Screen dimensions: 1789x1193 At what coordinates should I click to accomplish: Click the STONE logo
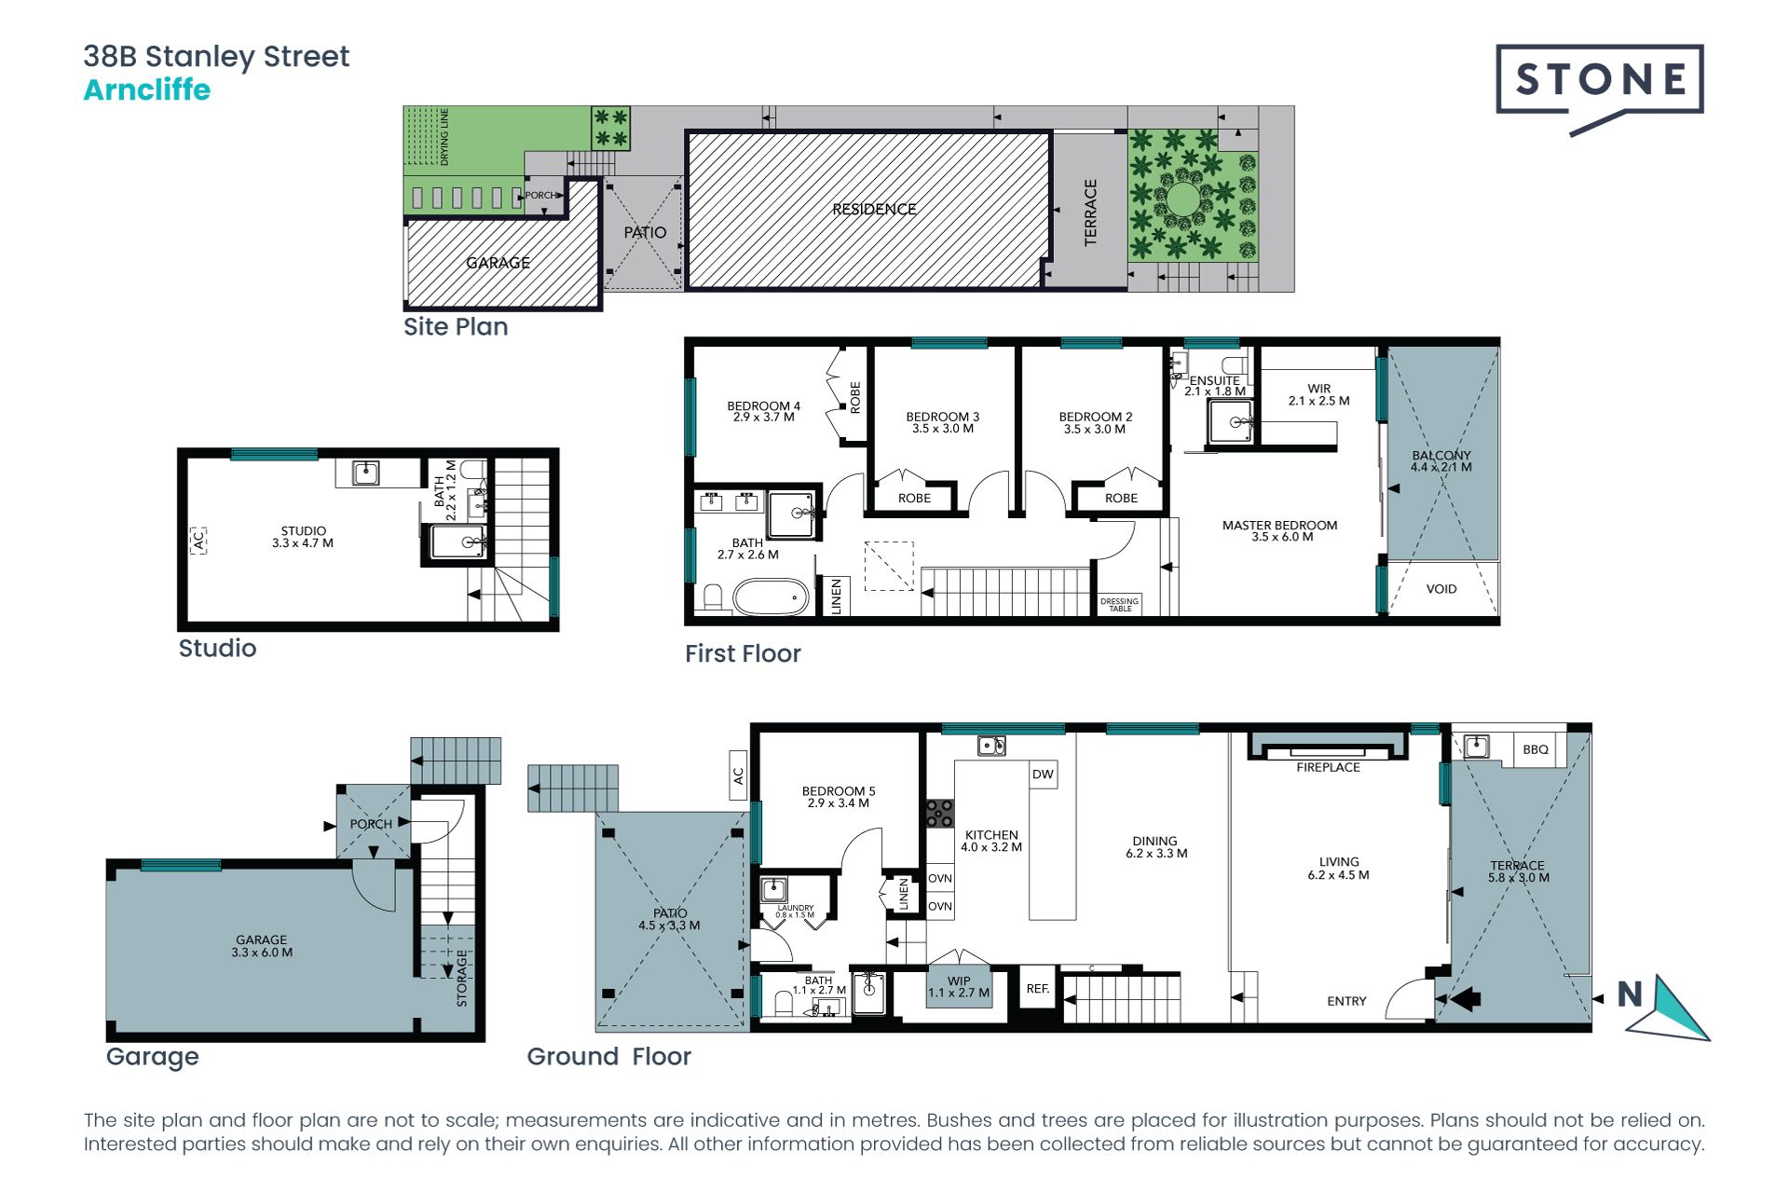pos(1600,89)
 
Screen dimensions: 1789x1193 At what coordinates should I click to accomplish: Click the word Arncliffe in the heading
pos(147,90)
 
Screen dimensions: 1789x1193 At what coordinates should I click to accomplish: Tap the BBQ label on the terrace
pos(1536,749)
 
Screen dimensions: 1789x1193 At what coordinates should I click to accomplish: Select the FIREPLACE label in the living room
pos(1328,767)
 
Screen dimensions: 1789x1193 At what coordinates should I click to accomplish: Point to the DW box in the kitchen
pos(1043,775)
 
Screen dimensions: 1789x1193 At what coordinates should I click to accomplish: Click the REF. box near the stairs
pos(1038,989)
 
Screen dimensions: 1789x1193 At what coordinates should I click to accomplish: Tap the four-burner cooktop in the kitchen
pos(939,813)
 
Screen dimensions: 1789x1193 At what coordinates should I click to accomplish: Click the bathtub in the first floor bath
pos(771,596)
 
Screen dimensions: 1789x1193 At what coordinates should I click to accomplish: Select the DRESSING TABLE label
pos(1119,605)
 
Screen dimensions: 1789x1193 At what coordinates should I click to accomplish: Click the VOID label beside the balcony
pos(1441,589)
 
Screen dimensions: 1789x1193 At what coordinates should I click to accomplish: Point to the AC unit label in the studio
pos(198,540)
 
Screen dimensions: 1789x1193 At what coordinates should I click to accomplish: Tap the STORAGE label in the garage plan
pos(461,978)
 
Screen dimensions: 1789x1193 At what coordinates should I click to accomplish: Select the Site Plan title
pos(456,327)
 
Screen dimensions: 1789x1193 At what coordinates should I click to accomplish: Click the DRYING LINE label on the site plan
pos(444,137)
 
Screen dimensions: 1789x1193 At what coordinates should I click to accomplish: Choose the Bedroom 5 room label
pos(839,797)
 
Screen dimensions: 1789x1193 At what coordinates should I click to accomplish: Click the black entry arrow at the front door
pos(1466,999)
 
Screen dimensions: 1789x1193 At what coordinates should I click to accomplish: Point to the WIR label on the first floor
pos(1318,389)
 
